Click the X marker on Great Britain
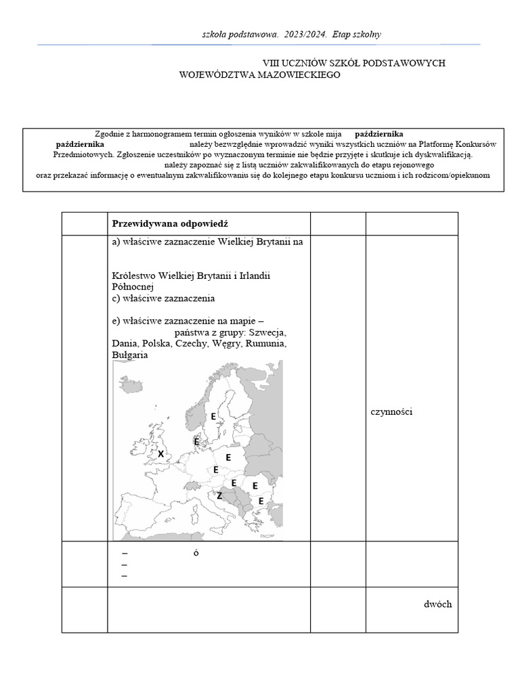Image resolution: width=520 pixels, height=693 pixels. pos(161,454)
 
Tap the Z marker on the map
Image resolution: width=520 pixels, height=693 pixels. pos(219,495)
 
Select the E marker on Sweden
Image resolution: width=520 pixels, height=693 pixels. pos(213,416)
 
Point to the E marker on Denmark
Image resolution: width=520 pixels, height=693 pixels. pos(197,441)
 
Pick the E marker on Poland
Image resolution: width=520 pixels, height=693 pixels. pos(228,457)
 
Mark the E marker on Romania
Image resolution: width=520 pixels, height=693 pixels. pos(255,485)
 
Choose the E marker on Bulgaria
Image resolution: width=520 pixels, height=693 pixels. pos(261,501)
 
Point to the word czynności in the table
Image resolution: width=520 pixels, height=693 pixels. pos(391,411)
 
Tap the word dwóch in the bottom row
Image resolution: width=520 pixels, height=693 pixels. pos(437,604)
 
